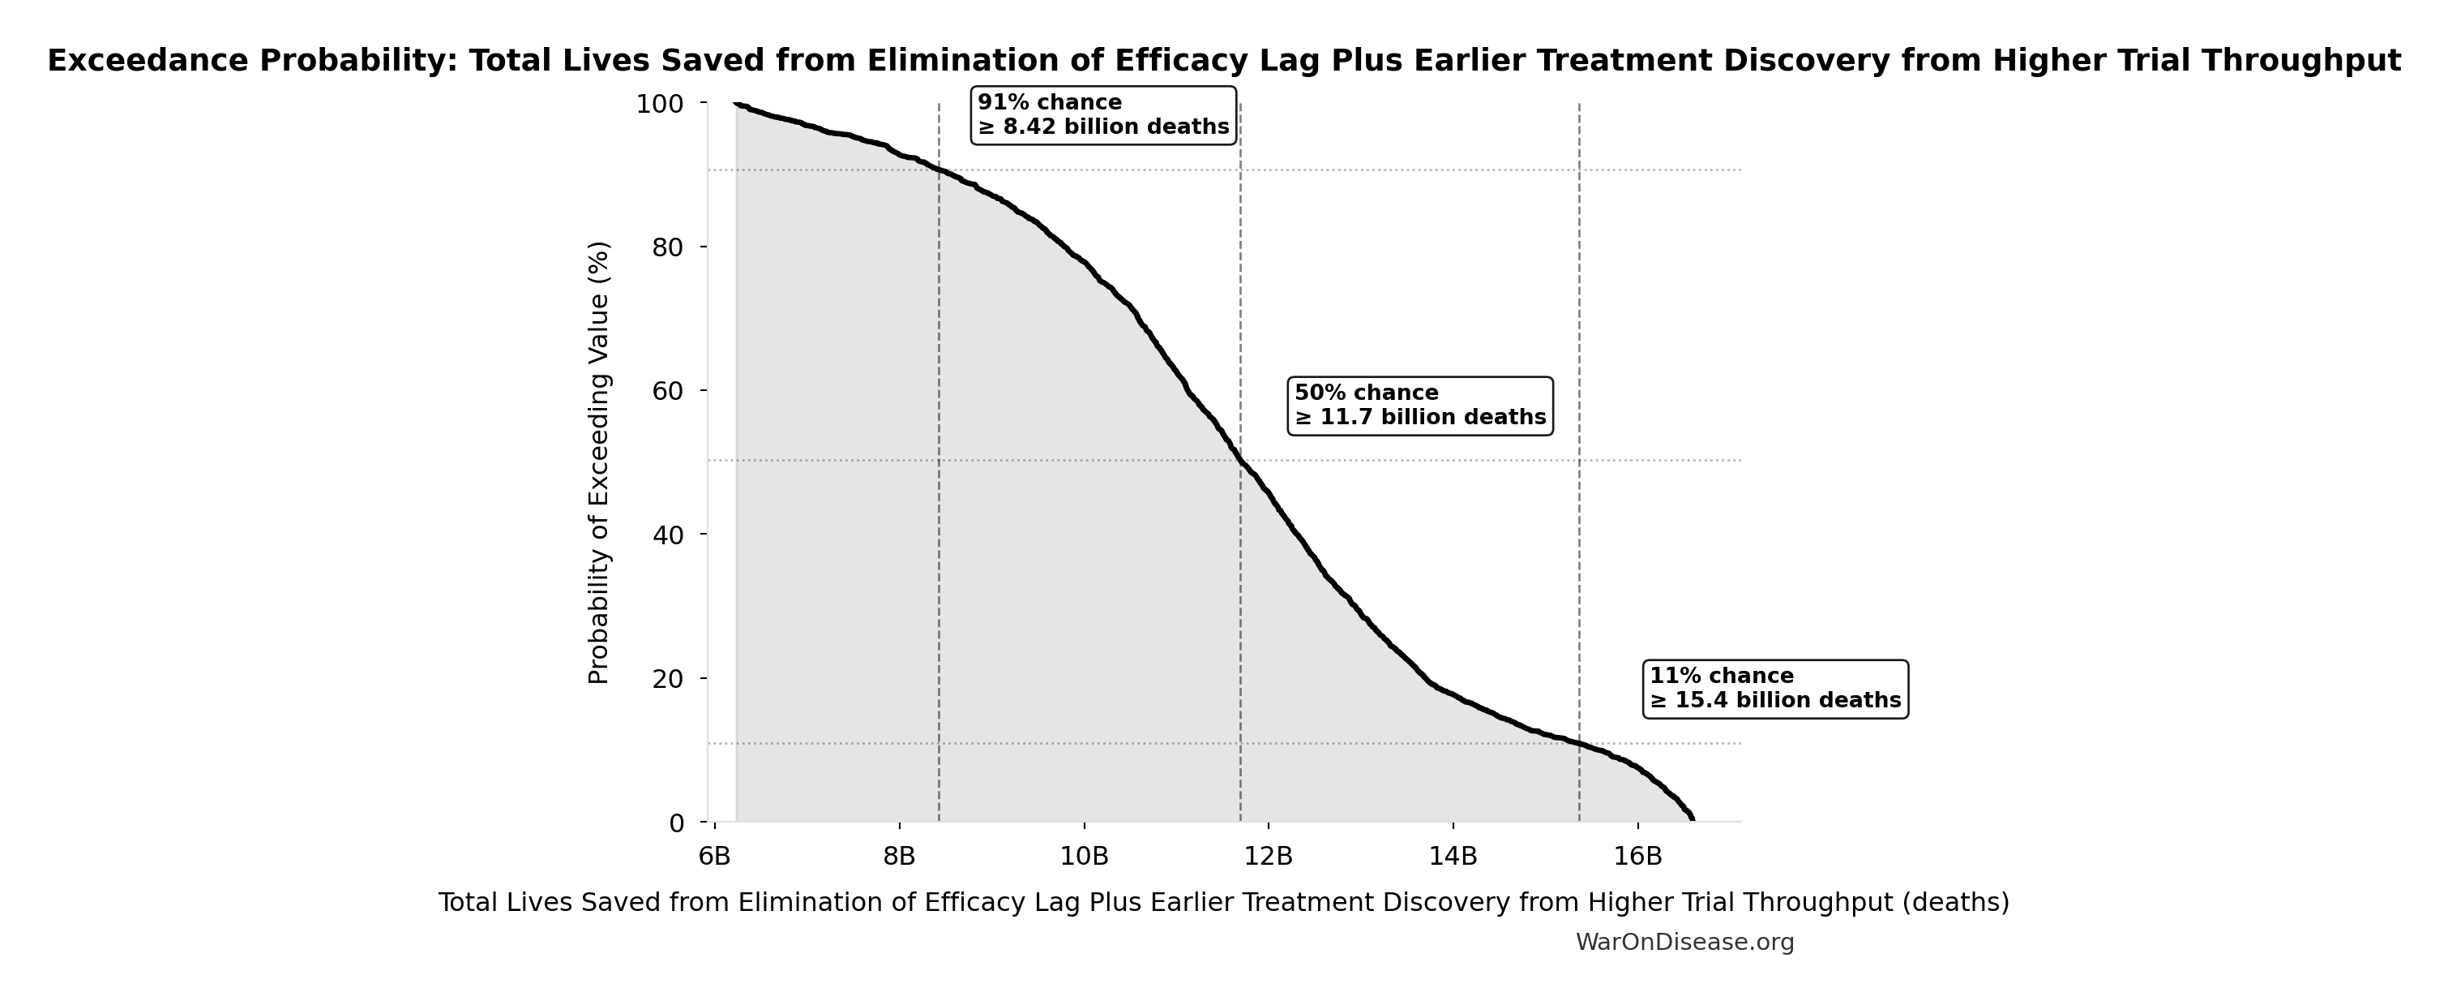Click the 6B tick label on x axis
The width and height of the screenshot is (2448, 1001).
715,857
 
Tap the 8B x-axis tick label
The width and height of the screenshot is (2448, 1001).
899,857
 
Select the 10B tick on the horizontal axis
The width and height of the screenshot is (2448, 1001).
1085,857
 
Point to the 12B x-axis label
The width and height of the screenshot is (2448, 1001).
1269,857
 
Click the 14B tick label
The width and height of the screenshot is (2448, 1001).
1453,857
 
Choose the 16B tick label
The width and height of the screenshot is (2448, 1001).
1638,857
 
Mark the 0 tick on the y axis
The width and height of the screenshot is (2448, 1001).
677,823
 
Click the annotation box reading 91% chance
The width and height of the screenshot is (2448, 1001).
1102,115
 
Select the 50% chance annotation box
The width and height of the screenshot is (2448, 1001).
1420,406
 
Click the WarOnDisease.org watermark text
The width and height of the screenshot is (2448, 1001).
1684,942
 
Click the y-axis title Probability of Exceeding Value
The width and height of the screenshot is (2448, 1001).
599,462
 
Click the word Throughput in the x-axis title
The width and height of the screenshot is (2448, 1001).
1831,902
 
